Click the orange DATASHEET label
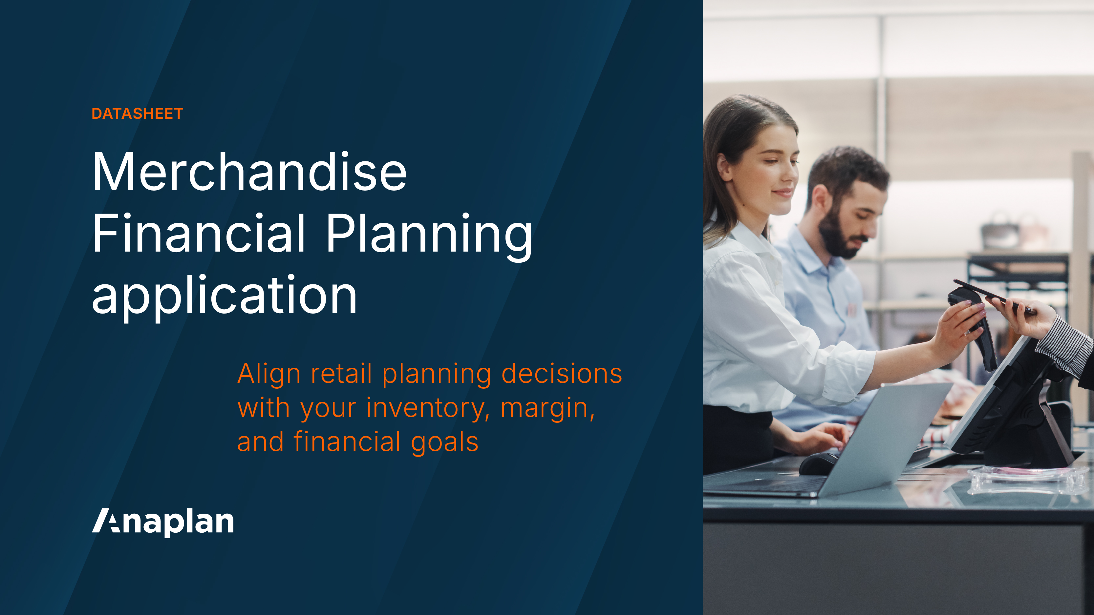coord(137,114)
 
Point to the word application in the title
coord(224,296)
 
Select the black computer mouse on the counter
coord(818,463)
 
